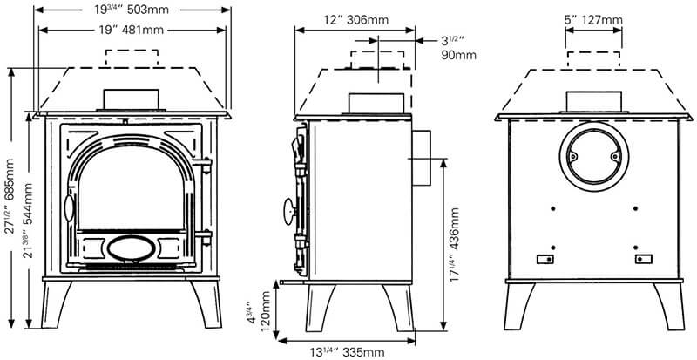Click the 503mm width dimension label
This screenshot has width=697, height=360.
132,10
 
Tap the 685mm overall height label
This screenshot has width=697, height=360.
10,196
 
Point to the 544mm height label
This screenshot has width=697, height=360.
28,221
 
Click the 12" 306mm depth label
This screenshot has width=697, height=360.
356,20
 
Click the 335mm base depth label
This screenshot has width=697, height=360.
347,353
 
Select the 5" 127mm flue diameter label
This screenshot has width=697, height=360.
593,20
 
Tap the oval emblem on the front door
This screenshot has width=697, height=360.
132,248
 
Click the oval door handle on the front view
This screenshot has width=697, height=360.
69,207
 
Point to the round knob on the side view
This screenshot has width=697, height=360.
290,211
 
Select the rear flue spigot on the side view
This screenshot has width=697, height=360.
422,158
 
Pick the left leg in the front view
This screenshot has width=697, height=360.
56,304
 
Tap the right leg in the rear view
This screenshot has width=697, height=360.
669,307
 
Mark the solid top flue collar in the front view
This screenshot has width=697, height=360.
132,99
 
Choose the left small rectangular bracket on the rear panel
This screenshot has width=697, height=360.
545,259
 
